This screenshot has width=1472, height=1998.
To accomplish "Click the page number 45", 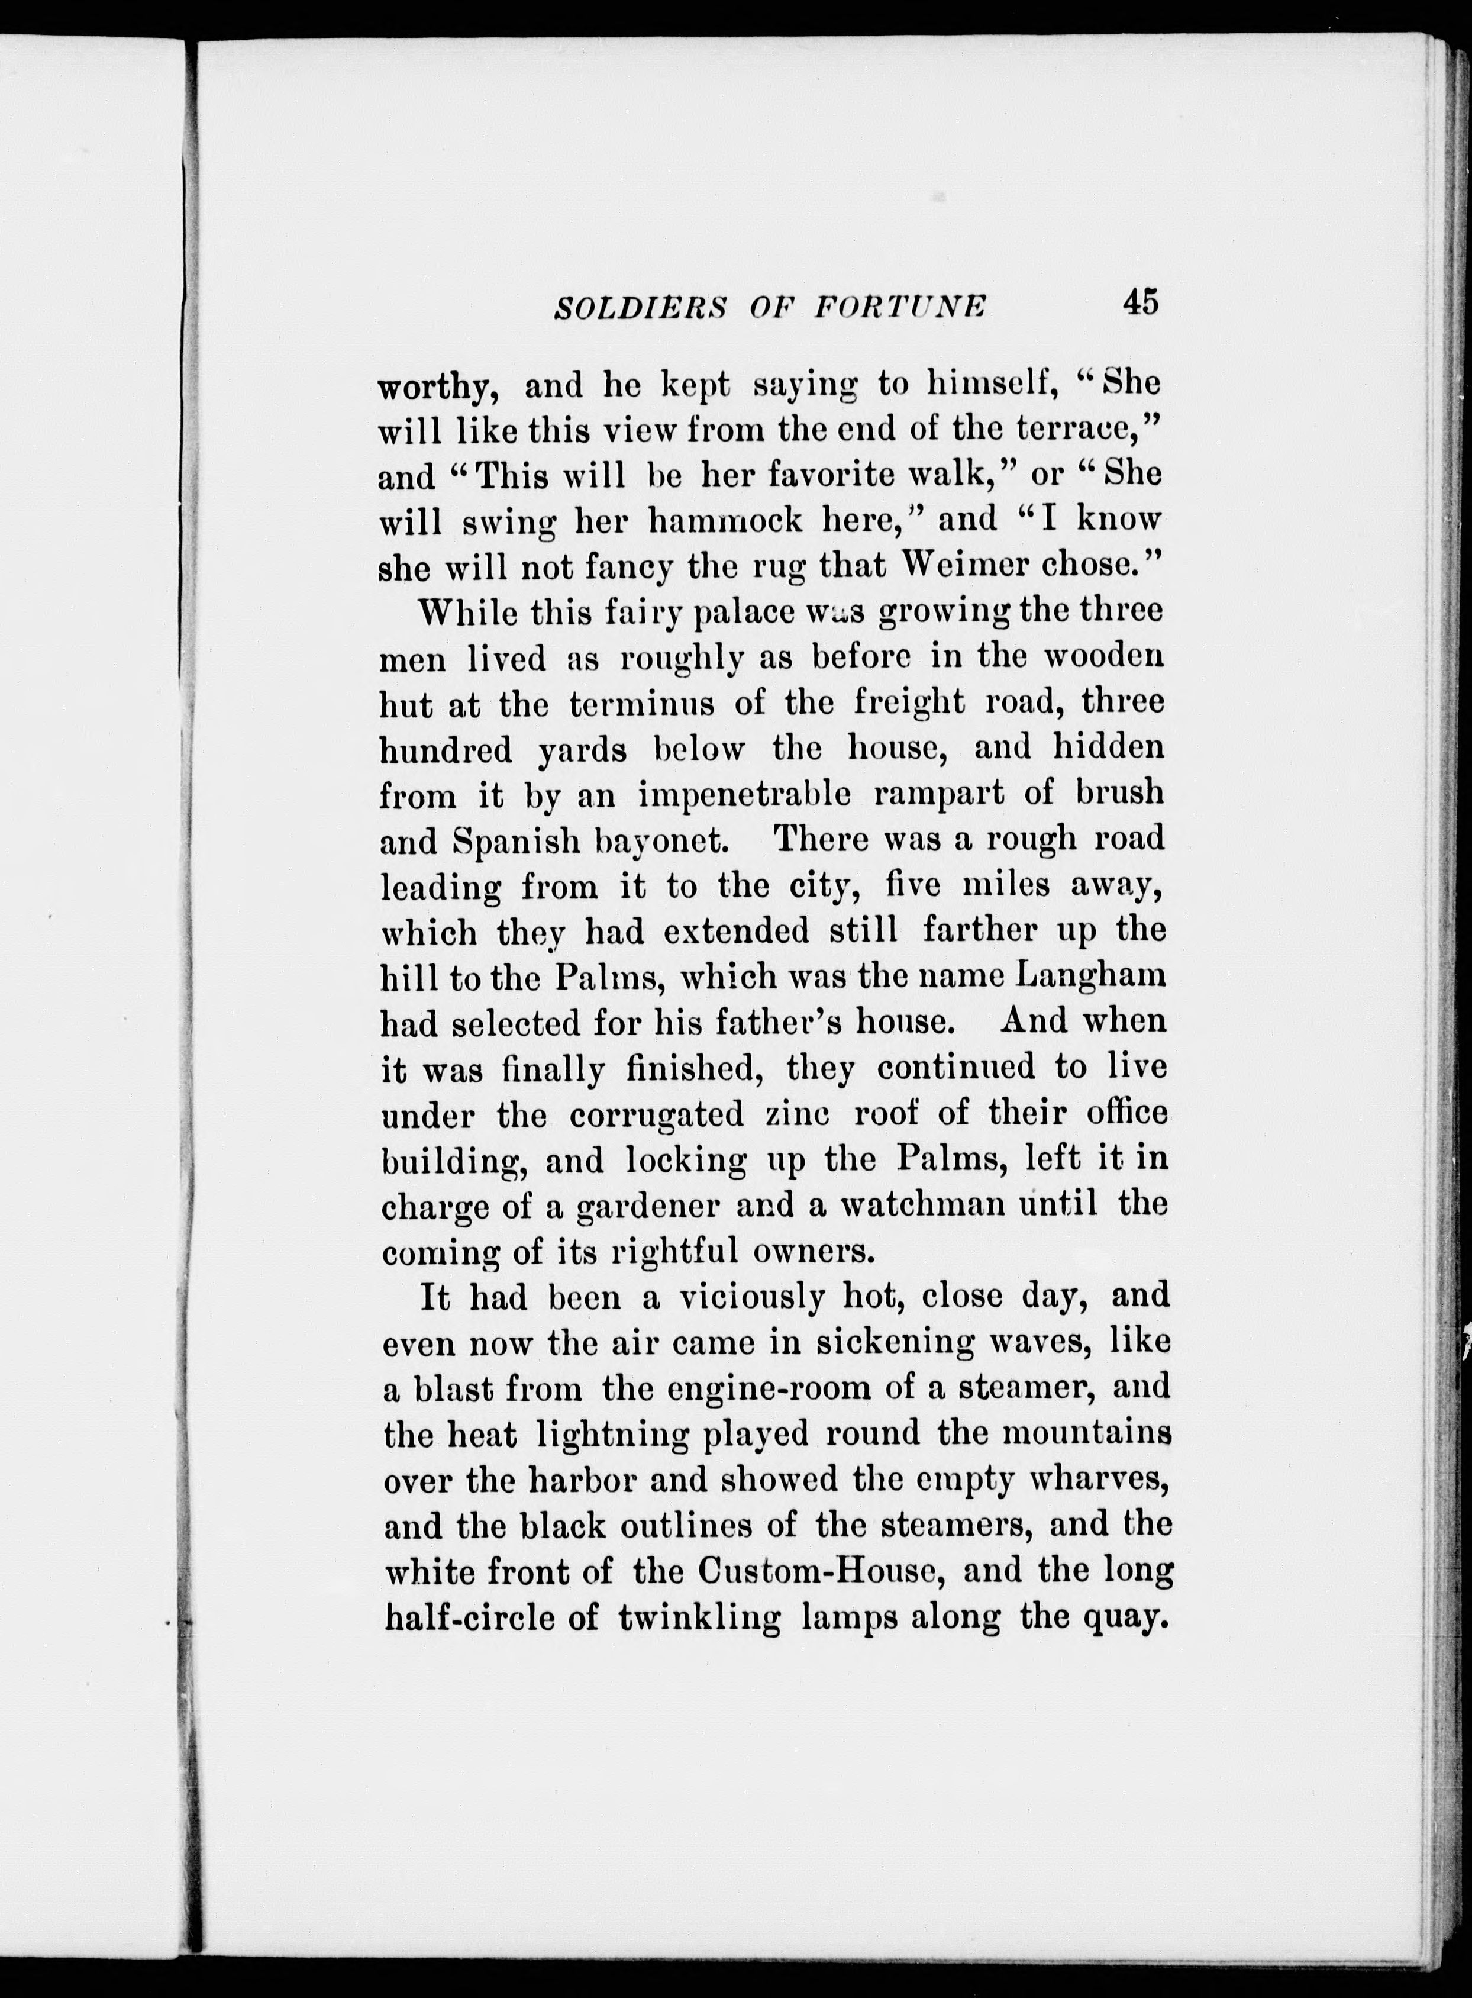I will tap(1141, 302).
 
